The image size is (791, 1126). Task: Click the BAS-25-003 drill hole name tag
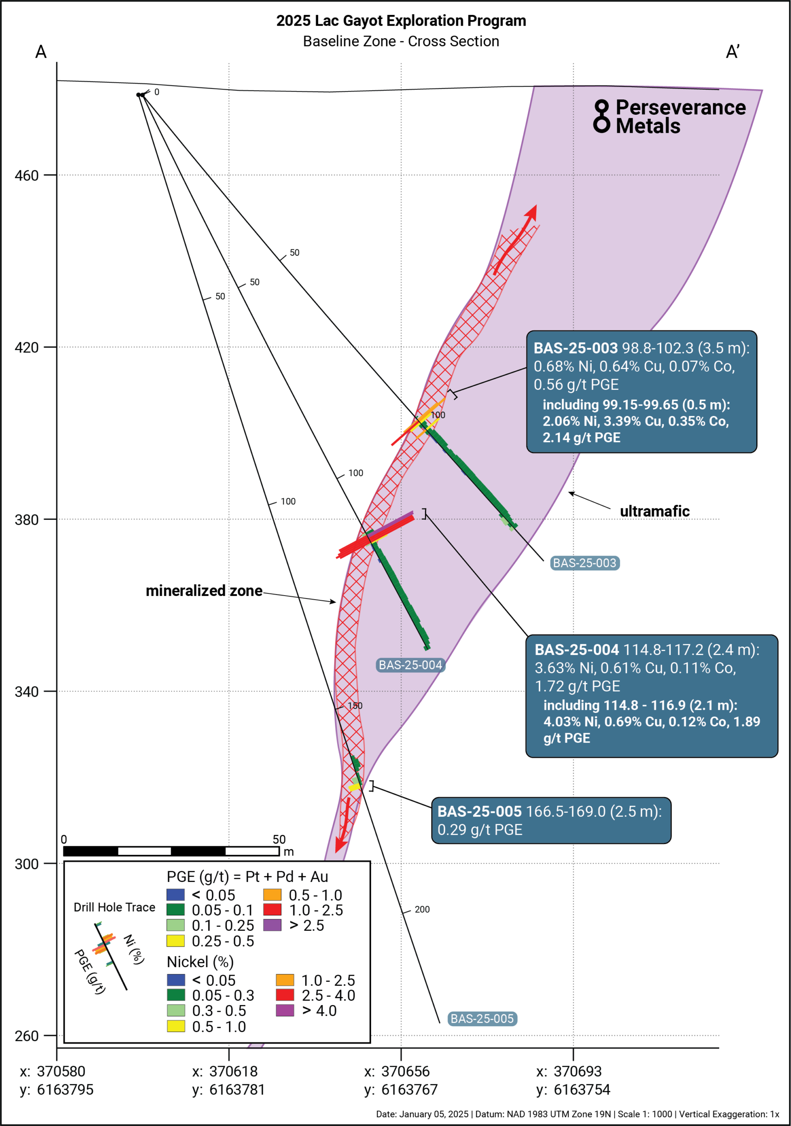click(x=585, y=563)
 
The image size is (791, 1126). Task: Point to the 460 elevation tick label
click(x=26, y=175)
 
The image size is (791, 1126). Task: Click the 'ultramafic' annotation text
click(x=655, y=511)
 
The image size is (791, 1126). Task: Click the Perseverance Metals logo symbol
click(x=601, y=116)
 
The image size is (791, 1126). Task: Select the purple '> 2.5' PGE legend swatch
click(x=272, y=925)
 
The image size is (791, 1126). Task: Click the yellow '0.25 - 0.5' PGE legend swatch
click(x=176, y=941)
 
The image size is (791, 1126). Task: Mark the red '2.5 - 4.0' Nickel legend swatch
click(x=285, y=995)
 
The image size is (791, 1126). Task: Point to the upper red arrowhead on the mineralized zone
click(x=532, y=212)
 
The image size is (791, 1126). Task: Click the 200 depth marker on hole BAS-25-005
click(x=422, y=909)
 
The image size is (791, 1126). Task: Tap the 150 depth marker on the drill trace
click(x=355, y=706)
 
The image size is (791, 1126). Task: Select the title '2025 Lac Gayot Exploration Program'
click(x=401, y=21)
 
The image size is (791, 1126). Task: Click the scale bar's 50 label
click(x=279, y=839)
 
